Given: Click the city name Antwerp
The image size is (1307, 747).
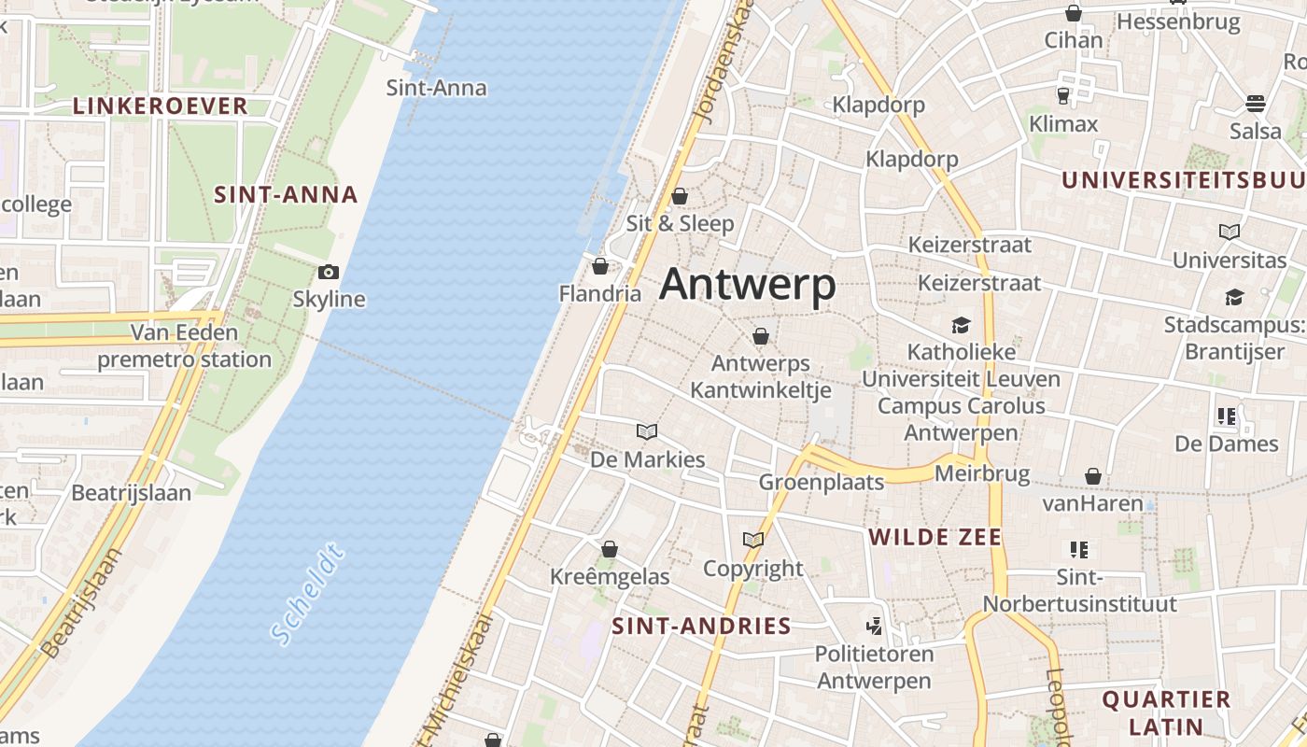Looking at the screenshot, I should pos(747,285).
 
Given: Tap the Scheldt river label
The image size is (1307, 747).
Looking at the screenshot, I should pos(308,594).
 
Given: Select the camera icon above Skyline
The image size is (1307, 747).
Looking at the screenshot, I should pos(328,273).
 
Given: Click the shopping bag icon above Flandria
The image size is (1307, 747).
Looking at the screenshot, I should pos(600,267).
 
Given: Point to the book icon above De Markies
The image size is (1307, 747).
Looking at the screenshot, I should pos(647,431).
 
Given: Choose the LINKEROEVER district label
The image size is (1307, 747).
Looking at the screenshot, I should pos(161,106).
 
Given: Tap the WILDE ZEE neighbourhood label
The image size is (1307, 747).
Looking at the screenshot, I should pos(935,537).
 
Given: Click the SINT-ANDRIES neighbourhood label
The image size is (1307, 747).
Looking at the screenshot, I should pos(701,626).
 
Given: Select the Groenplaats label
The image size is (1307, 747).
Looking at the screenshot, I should pos(821,482).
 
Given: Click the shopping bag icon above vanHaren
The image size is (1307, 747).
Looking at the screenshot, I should pos(1093,477).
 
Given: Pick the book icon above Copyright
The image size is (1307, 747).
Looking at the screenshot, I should pos(752,540).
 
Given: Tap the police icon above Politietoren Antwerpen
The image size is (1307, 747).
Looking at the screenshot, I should pos(874,626).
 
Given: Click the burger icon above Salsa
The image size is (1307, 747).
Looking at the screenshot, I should pos(1255,103).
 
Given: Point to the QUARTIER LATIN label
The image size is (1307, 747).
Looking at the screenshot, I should pos(1166,712).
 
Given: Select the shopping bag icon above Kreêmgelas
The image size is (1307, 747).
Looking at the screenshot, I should pos(610,549).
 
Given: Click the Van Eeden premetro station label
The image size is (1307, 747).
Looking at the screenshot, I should pos(185,345).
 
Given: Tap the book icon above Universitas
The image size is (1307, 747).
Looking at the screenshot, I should pos(1230,232).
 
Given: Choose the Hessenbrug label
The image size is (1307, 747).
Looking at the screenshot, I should pos(1178,21).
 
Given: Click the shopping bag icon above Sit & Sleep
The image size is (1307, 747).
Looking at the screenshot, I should pos(680,196).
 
